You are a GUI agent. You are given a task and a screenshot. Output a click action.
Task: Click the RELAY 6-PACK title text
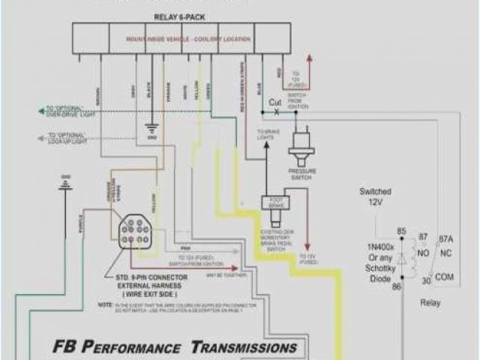coord(180,16)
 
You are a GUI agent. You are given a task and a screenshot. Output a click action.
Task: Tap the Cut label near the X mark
coord(276,102)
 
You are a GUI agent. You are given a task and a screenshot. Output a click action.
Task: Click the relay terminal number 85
coord(401,232)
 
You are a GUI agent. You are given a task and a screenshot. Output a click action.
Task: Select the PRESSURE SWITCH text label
coord(303,174)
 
